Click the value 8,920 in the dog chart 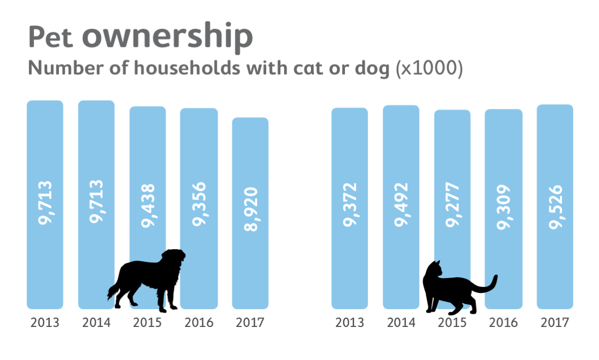pyautogui.click(x=250, y=209)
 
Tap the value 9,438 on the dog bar pyautogui.click(x=148, y=206)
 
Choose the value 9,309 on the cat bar pyautogui.click(x=503, y=206)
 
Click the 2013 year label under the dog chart pyautogui.click(x=45, y=322)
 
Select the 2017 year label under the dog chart pyautogui.click(x=250, y=322)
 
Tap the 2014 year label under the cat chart pyautogui.click(x=401, y=322)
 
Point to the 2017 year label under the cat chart pyautogui.click(x=555, y=322)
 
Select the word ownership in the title pyautogui.click(x=167, y=37)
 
